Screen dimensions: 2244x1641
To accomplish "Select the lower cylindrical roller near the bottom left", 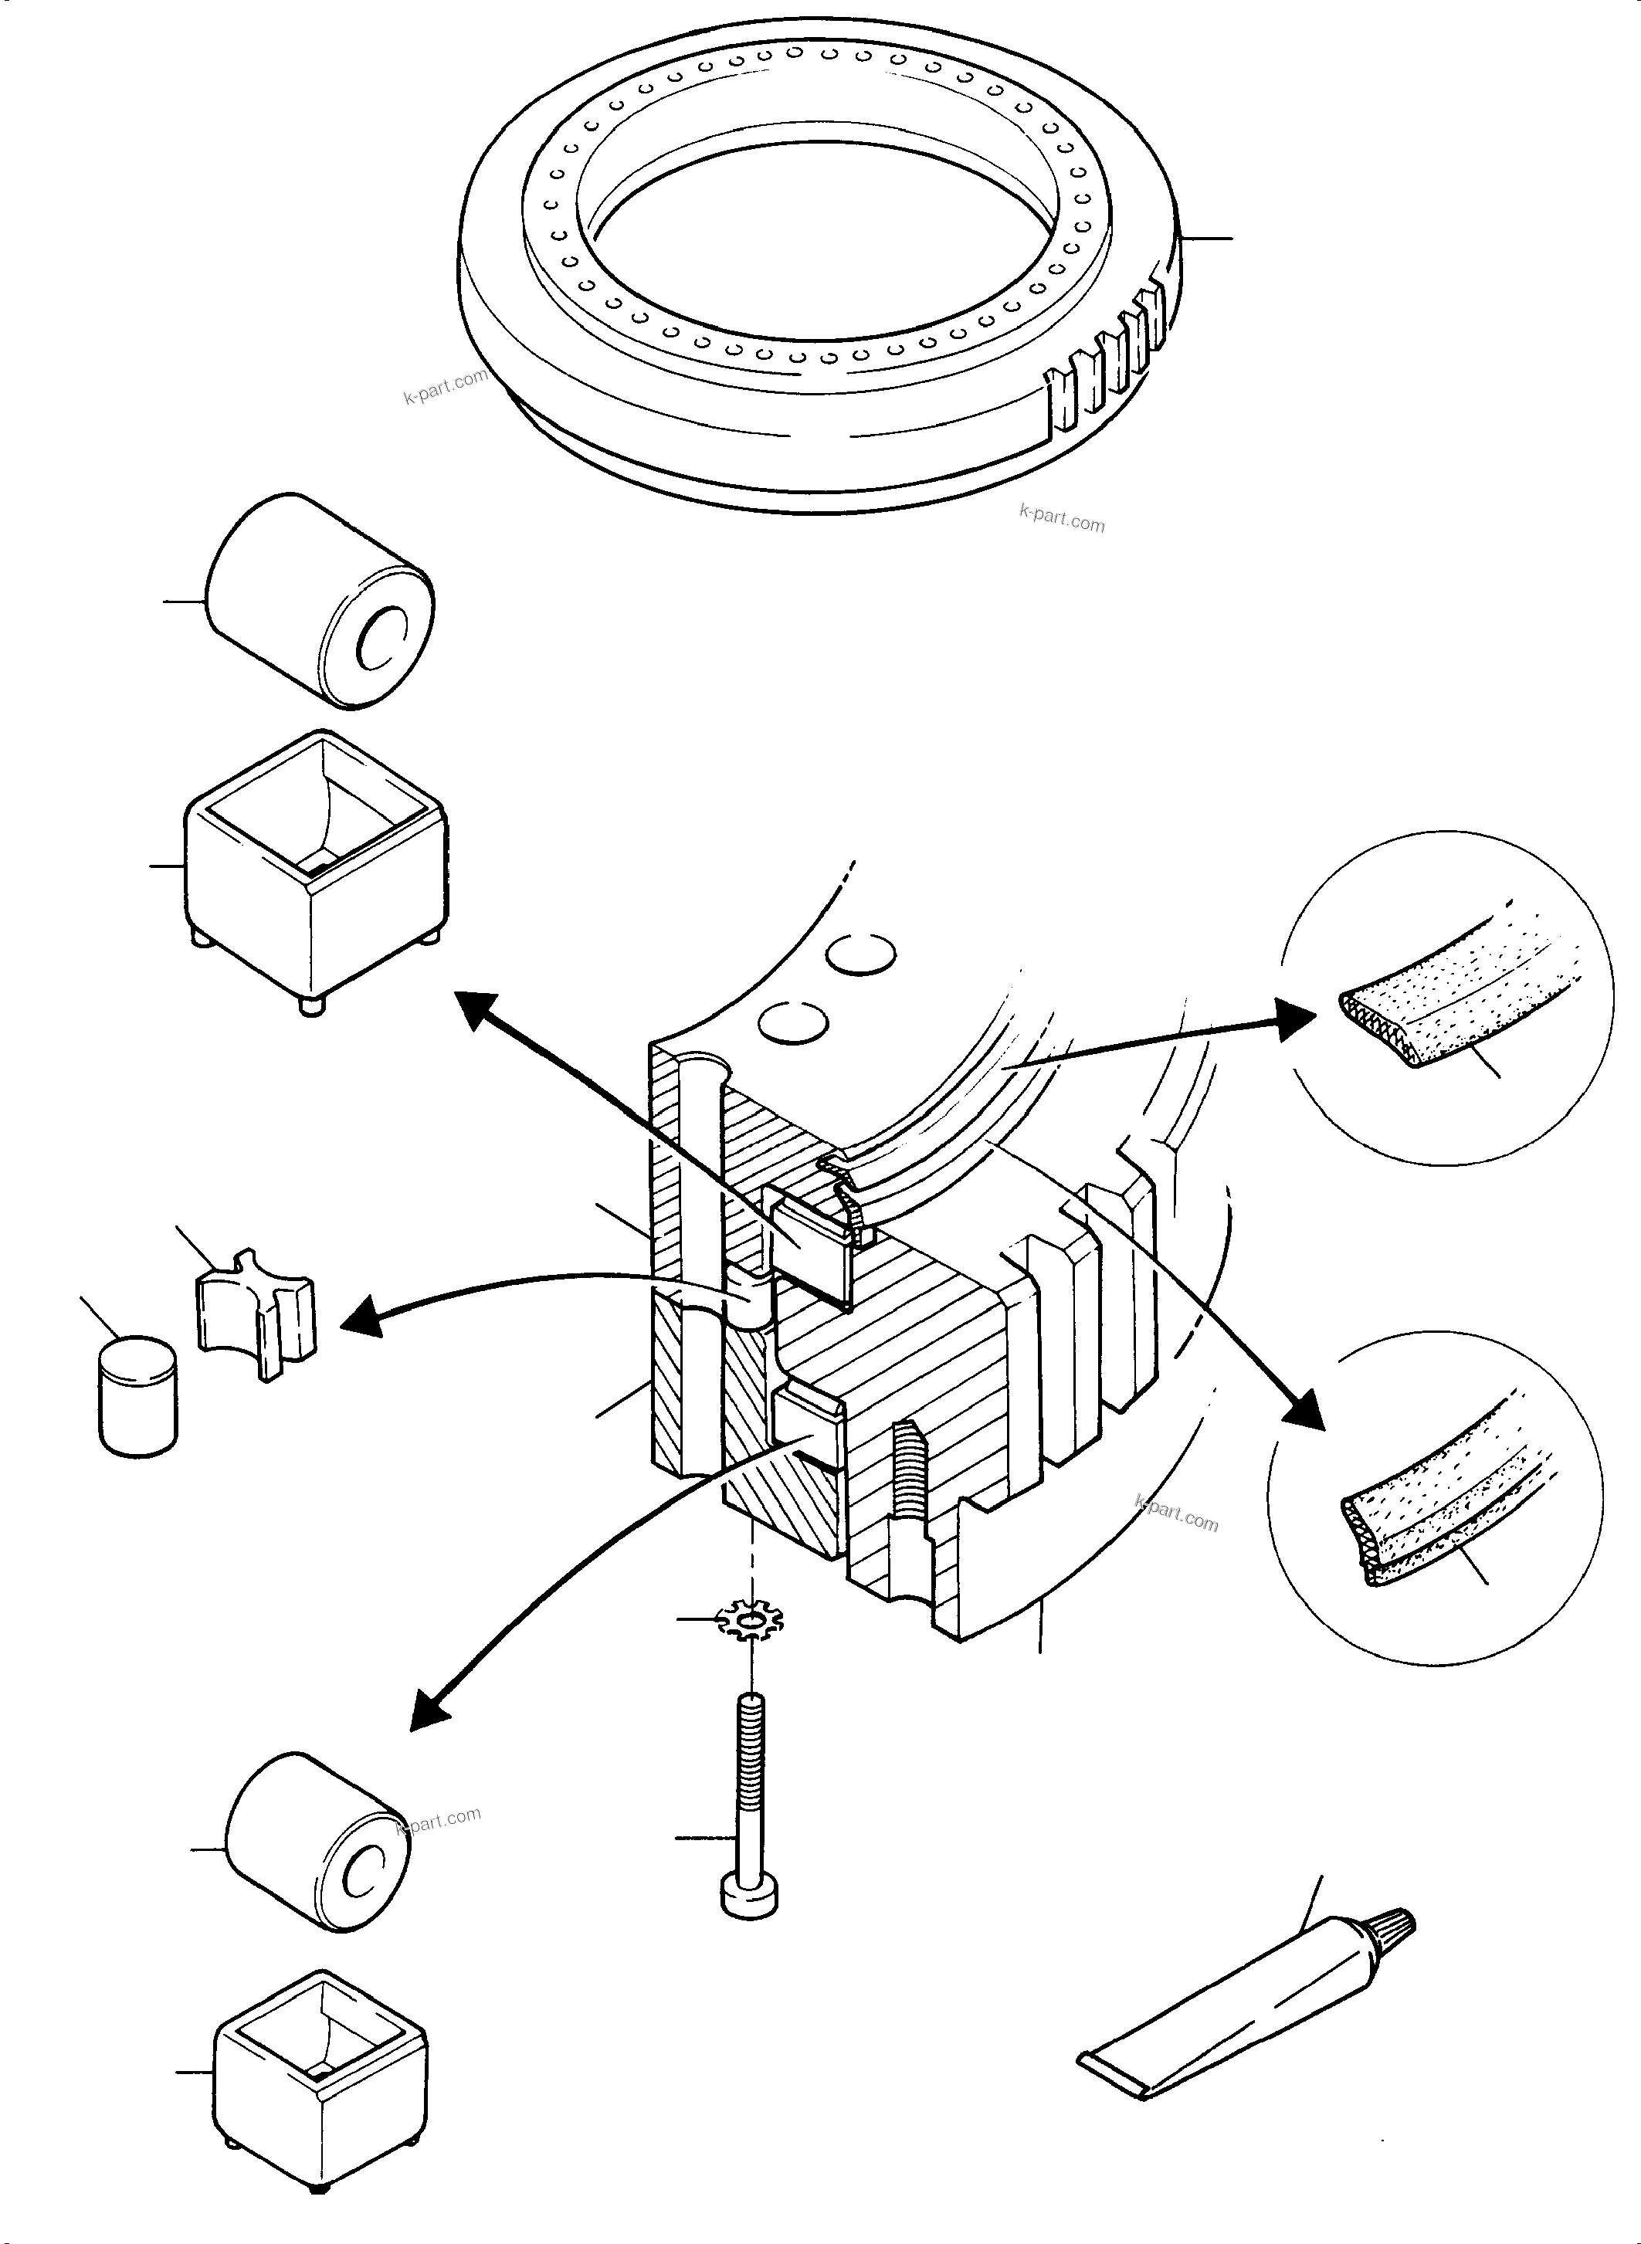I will [x=318, y=1842].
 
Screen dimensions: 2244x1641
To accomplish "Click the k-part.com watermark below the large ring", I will [x=1061, y=519].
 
